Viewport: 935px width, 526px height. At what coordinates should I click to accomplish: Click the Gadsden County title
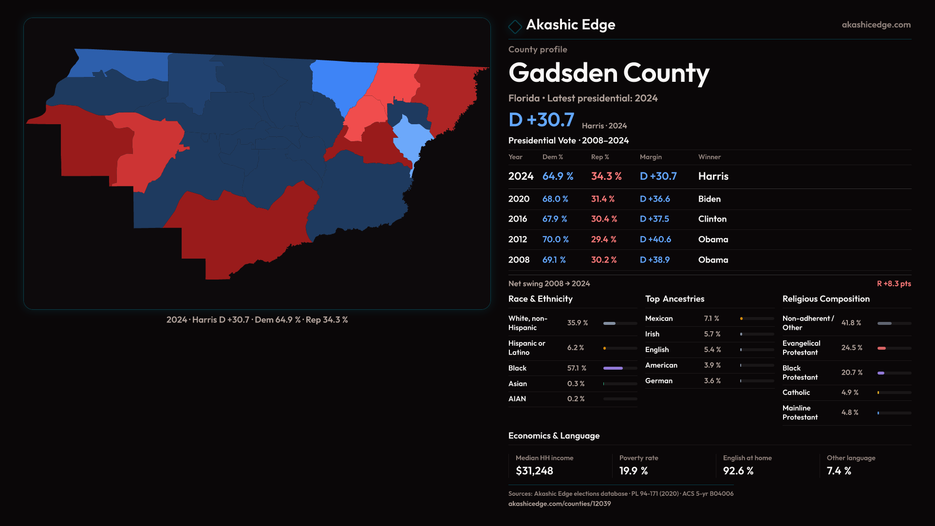[609, 73]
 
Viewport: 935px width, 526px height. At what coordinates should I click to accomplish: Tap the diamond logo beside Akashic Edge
[515, 26]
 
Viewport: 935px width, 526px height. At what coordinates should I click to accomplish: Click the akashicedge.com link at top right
[876, 25]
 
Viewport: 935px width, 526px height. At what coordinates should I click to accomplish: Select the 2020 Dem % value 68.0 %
[555, 199]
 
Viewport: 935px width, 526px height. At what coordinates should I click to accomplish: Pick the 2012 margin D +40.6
[655, 240]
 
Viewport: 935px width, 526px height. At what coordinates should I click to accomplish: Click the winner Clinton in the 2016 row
[712, 219]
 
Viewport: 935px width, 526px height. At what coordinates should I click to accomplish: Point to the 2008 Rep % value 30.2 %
[603, 260]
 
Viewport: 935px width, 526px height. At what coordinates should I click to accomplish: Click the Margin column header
[651, 157]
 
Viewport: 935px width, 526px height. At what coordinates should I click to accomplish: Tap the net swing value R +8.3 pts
[894, 283]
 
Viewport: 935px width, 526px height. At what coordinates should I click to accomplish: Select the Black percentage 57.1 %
[577, 368]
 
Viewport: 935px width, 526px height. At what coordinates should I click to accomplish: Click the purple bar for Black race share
[613, 368]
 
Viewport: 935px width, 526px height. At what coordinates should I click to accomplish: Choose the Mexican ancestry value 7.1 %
[711, 319]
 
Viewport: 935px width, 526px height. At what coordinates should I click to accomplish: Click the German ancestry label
[658, 381]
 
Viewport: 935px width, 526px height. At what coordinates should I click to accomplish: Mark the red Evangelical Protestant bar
[881, 348]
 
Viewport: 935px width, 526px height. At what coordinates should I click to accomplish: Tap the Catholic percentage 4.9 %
[850, 393]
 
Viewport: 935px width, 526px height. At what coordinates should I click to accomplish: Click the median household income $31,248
[534, 471]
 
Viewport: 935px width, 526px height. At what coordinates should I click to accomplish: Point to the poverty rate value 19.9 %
[633, 471]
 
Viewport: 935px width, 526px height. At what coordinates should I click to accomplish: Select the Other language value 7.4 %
[839, 471]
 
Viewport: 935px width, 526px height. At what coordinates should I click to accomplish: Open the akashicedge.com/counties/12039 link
[559, 504]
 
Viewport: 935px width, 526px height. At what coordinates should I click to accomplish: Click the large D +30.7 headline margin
[541, 120]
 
